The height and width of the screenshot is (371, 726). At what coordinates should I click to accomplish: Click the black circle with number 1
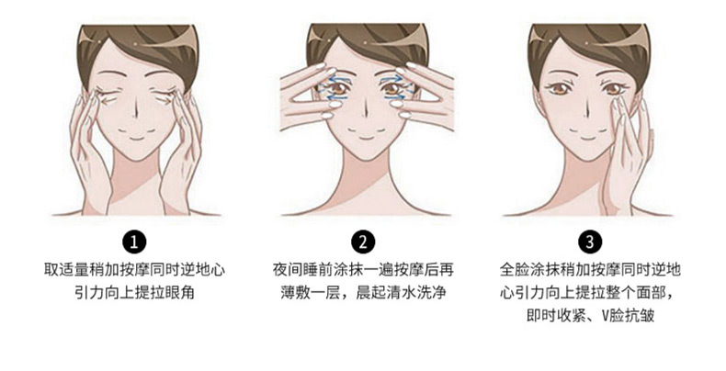point(134,242)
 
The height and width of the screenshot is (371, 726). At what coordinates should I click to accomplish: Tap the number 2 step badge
point(362,242)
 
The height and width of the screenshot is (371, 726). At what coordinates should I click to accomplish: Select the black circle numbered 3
point(589,242)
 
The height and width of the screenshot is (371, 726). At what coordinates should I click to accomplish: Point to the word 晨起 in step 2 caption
point(370,293)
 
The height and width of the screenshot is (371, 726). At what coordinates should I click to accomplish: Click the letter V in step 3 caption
point(606,316)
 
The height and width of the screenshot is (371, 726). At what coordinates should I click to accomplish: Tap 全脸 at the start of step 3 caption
point(515,270)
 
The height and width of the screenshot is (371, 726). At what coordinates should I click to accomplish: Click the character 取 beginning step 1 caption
point(51,270)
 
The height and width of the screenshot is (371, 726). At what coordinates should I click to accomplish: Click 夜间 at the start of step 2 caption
point(288,270)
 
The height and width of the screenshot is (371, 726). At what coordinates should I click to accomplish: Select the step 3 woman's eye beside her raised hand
point(615,88)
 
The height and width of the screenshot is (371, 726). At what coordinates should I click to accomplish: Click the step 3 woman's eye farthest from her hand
point(560,88)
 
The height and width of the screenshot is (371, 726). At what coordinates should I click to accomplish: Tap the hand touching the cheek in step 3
point(628,152)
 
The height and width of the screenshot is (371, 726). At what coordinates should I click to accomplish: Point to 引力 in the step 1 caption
point(89,293)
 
